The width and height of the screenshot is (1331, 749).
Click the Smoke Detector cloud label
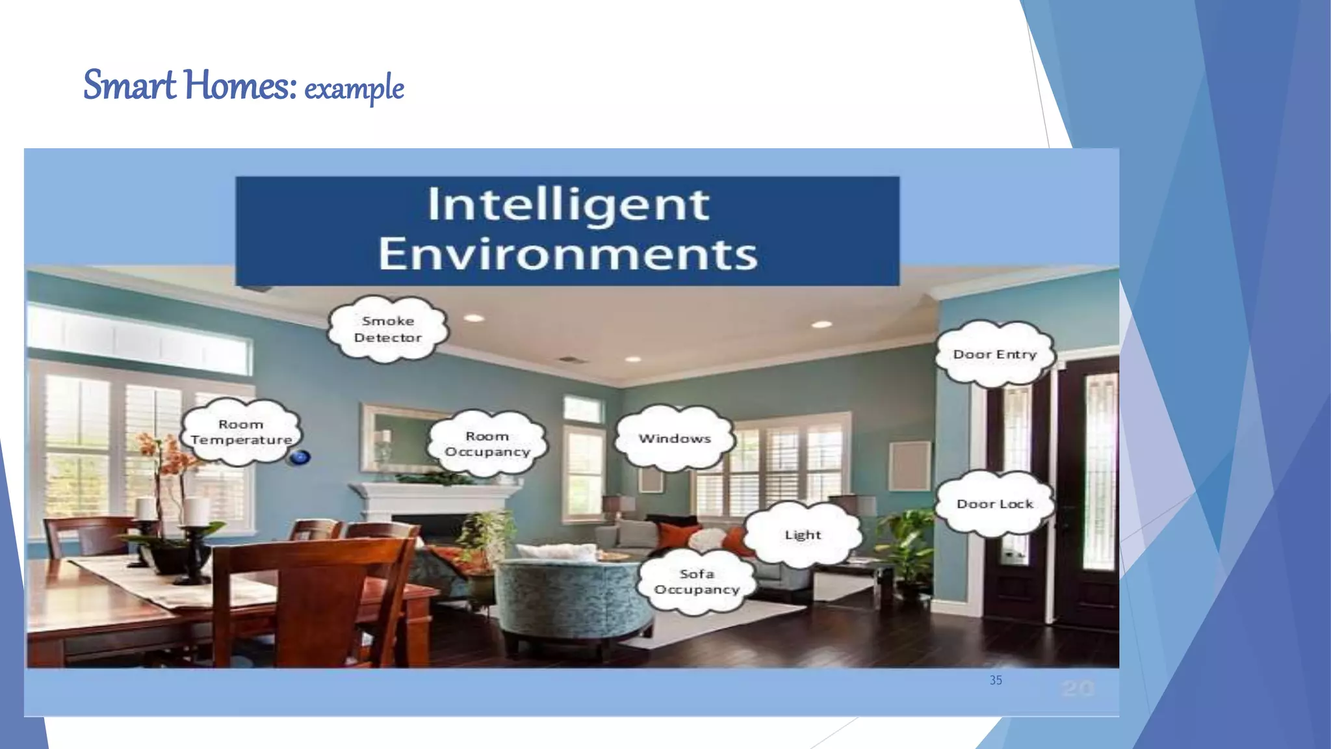point(388,329)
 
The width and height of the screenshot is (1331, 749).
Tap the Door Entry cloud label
point(994,354)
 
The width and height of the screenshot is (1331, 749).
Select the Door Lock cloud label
point(994,504)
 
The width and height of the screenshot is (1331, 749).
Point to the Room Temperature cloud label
point(241,432)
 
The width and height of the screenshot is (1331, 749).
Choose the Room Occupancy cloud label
point(487,444)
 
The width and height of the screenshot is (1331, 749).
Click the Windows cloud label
point(675,438)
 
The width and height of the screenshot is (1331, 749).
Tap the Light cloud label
point(803,534)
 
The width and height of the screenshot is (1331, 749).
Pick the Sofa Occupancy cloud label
point(697,581)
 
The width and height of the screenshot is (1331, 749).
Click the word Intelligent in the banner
point(568,205)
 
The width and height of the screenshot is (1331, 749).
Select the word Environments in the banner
point(568,254)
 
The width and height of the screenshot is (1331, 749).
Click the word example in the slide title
point(354,88)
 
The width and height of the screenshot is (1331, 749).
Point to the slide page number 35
point(996,680)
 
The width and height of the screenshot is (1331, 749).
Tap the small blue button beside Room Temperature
point(300,457)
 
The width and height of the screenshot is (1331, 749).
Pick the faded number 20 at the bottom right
point(1078,688)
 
